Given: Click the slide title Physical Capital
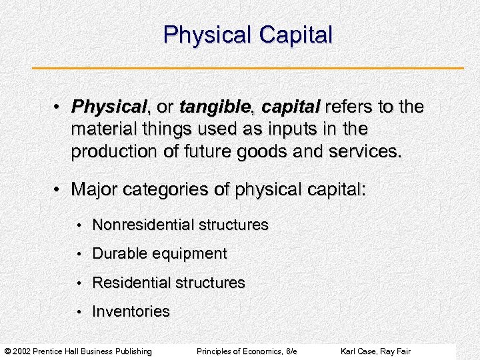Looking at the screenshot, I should point(247,35).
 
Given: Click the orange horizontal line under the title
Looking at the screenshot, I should point(247,68).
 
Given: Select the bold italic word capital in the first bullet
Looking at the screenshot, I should point(291,107).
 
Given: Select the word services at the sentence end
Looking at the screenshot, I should point(365,151).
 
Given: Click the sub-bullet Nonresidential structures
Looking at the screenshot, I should point(180,225).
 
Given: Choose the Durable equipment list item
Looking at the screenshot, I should point(159,254).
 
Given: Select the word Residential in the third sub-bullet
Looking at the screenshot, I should point(131,283).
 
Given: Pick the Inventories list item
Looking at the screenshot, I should point(131,311).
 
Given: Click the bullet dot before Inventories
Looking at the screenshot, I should point(79,312).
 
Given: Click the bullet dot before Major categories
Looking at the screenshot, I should point(59,190).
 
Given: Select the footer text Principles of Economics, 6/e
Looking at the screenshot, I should point(247,351).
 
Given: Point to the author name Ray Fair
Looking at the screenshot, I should point(398,351).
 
